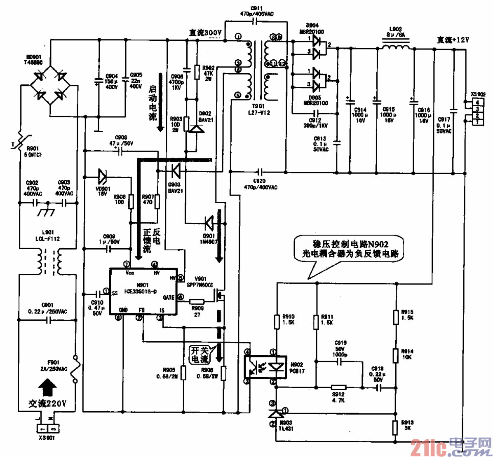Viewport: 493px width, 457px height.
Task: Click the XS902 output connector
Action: (477, 112)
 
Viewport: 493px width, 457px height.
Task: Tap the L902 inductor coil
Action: (396, 47)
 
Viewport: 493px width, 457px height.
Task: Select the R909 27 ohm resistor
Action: (197, 303)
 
